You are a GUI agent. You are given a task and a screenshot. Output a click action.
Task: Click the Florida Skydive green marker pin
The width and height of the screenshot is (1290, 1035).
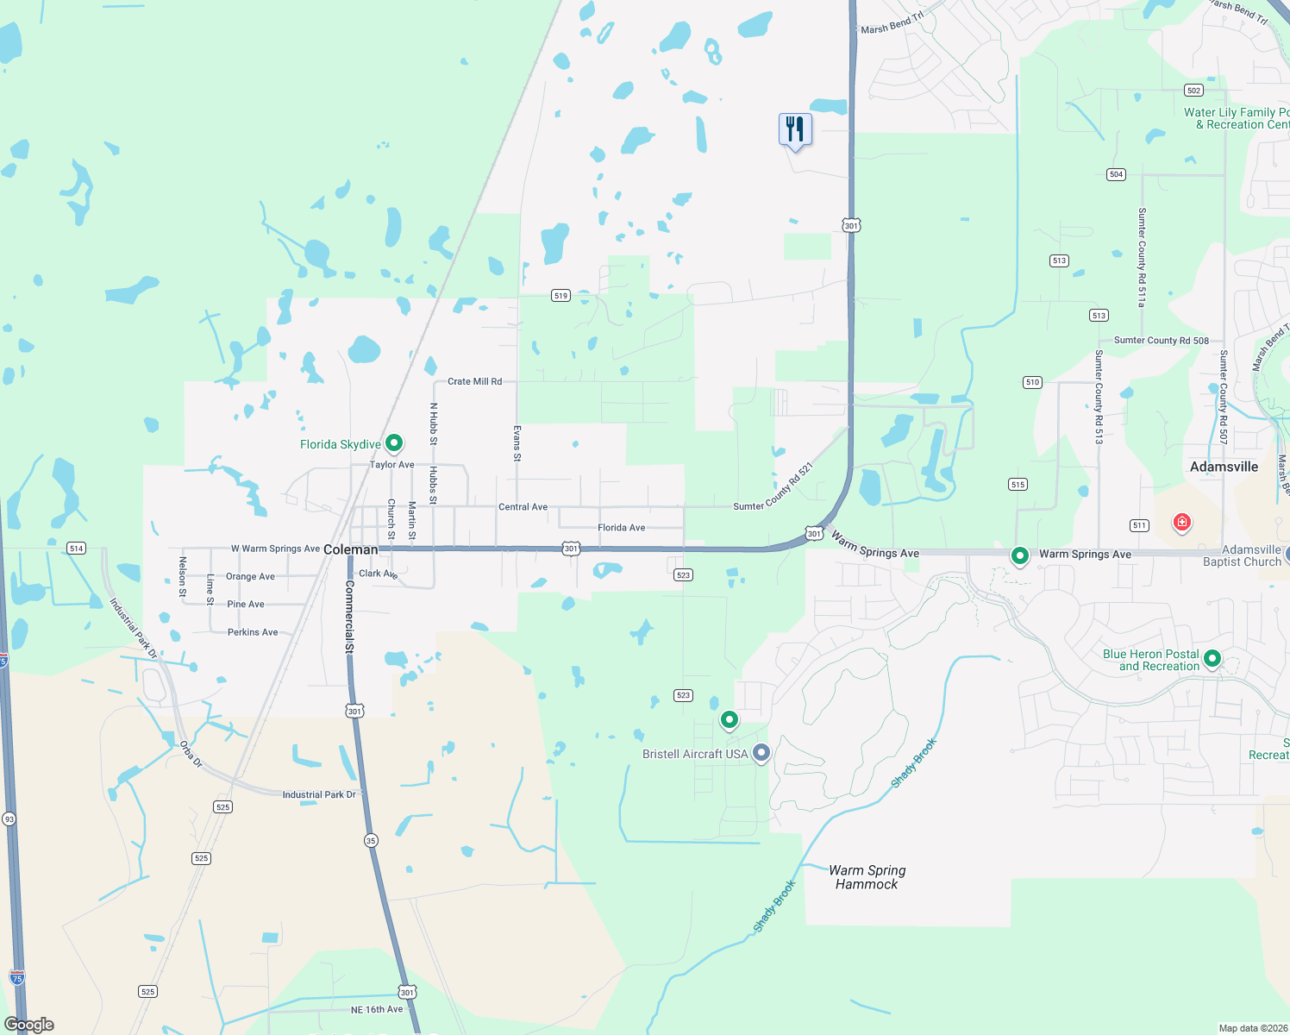click(x=394, y=443)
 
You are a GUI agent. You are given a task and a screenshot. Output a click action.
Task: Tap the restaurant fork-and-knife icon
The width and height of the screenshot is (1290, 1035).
click(x=795, y=129)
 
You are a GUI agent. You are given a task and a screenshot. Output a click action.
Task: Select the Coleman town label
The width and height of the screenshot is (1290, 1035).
click(x=350, y=549)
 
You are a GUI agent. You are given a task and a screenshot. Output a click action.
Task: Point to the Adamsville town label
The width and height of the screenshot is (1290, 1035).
click(x=1224, y=467)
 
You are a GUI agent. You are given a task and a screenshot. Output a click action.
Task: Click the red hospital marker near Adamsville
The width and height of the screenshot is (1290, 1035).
click(x=1181, y=522)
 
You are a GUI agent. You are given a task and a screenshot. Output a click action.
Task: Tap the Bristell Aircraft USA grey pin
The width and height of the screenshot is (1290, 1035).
click(x=761, y=753)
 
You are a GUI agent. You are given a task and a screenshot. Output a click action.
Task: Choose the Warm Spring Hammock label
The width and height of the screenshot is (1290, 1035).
click(x=867, y=877)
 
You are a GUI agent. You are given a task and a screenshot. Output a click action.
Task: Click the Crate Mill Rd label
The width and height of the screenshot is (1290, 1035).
click(x=474, y=381)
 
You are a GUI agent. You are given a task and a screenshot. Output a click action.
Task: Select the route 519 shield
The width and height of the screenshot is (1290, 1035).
click(x=560, y=296)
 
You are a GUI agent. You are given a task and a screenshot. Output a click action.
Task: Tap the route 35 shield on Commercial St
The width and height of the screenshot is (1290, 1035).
click(x=371, y=840)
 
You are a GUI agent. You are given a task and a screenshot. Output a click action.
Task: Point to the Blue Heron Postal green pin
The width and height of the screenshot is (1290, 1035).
click(x=1212, y=659)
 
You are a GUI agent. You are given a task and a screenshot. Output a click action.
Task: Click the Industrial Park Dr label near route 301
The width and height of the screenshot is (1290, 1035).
click(x=319, y=794)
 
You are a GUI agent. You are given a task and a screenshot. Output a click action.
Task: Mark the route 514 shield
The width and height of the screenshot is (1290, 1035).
click(x=76, y=549)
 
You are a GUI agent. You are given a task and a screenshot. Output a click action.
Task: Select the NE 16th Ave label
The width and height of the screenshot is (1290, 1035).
click(x=377, y=1009)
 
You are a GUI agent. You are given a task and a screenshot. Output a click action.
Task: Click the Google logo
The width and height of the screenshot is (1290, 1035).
click(x=29, y=1025)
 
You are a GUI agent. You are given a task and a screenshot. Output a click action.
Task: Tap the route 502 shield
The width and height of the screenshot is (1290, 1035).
click(x=1193, y=91)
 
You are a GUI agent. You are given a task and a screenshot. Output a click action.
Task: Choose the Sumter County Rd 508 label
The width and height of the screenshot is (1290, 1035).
click(x=1162, y=341)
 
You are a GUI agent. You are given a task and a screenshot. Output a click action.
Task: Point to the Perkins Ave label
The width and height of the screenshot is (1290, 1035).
click(x=253, y=632)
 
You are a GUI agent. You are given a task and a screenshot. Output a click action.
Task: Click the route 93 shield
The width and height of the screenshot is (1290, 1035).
click(x=9, y=819)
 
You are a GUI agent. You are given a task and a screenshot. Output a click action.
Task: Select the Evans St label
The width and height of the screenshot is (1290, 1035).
click(x=517, y=442)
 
